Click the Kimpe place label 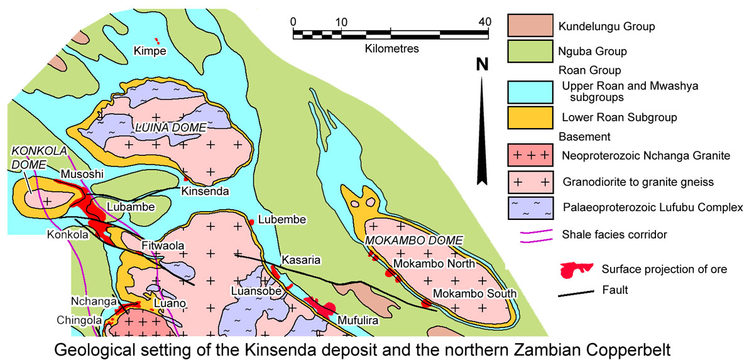click(x=150, y=50)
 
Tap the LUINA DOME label click(x=170, y=128)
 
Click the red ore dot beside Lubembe click(x=252, y=222)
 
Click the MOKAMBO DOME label click(x=414, y=241)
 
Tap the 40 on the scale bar click(x=484, y=21)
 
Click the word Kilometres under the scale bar click(x=391, y=48)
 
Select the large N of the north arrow click(x=482, y=64)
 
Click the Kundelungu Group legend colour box click(x=530, y=26)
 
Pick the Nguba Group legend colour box click(x=530, y=51)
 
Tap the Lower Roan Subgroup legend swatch click(x=530, y=117)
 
